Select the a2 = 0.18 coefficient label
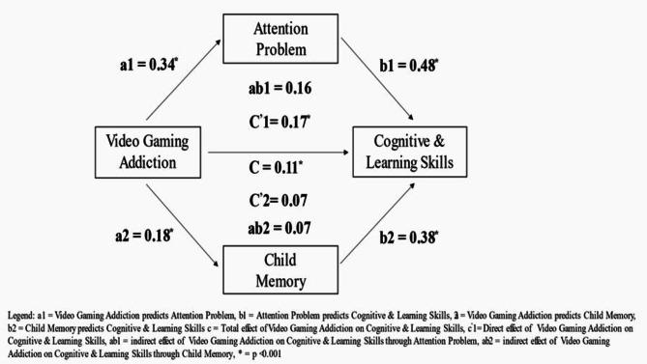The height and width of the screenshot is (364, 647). click(146, 233)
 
